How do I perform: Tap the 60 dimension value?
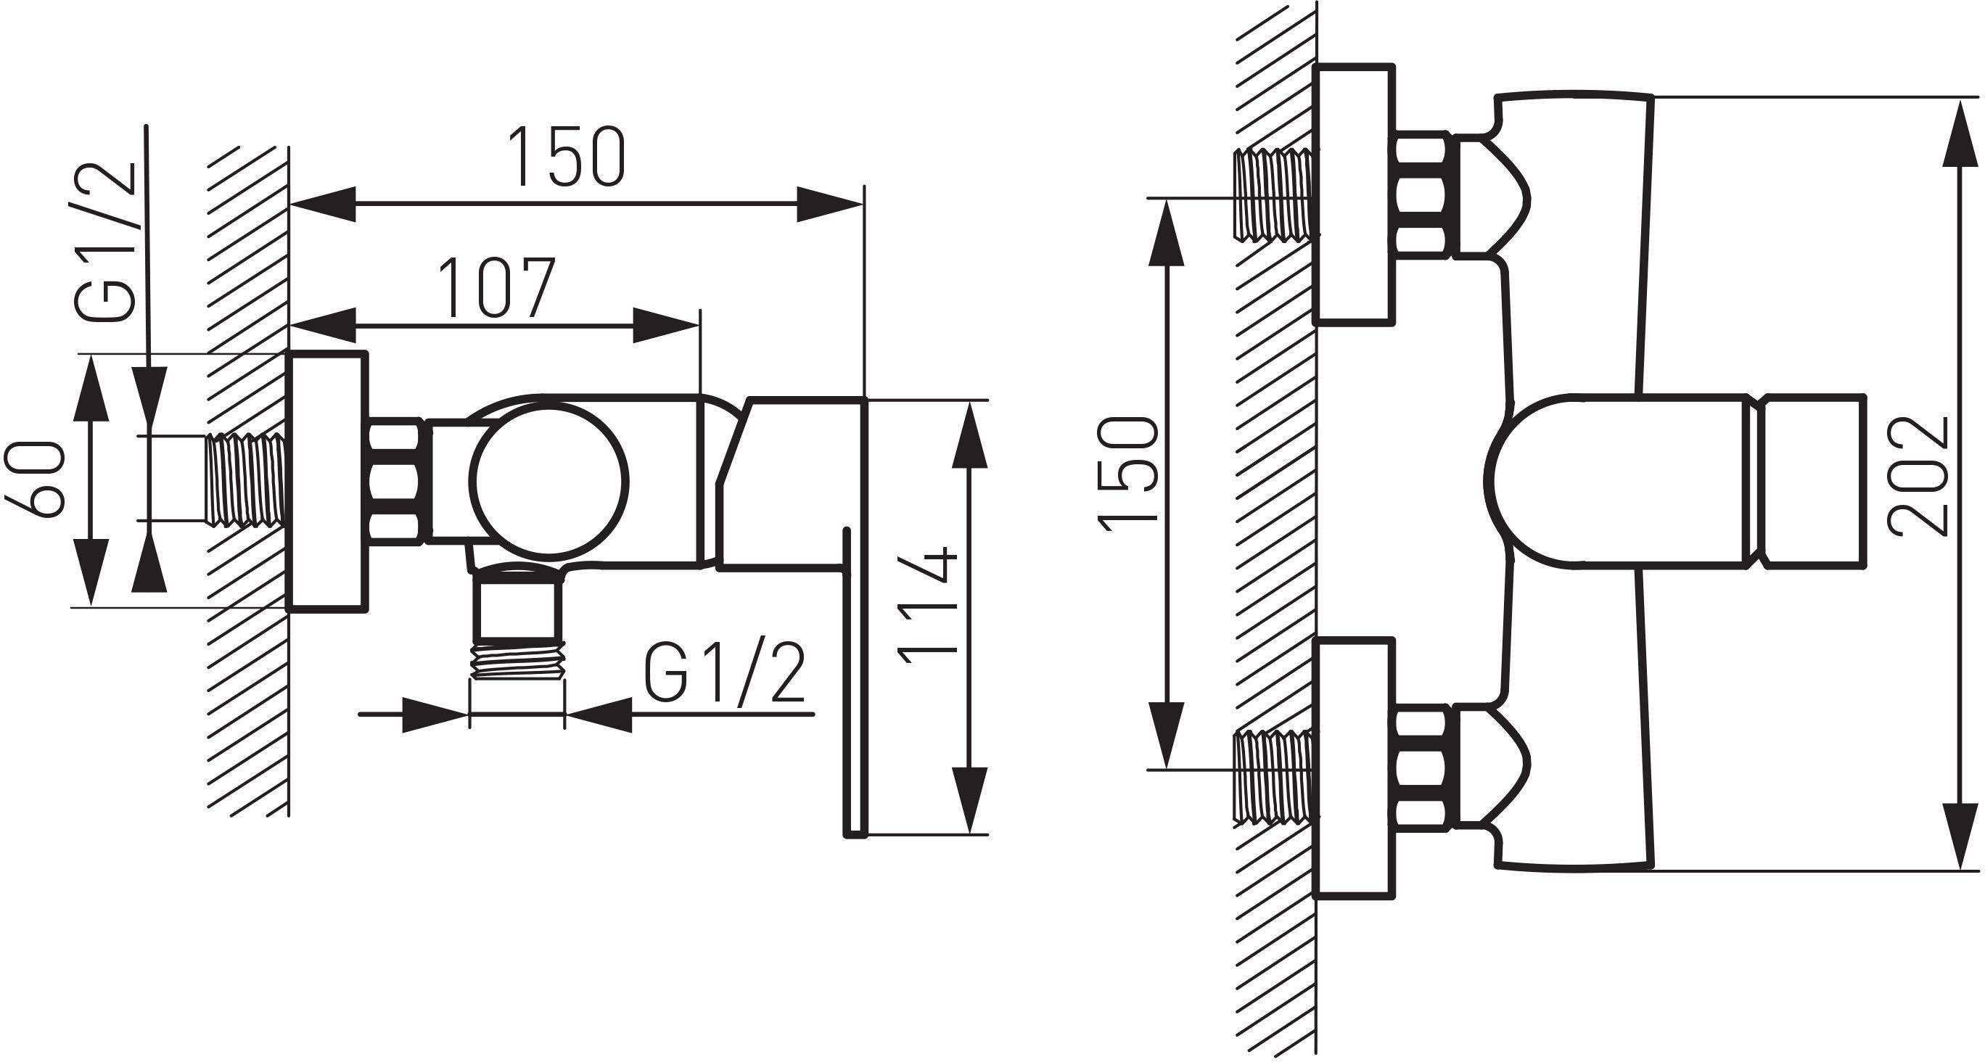coord(35,479)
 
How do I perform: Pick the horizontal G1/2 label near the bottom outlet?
coord(724,675)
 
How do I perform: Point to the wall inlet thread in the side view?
coord(247,479)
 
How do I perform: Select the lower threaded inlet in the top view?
coord(1275,777)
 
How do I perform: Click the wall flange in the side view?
coord(326,482)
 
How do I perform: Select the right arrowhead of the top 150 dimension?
coord(830,205)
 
